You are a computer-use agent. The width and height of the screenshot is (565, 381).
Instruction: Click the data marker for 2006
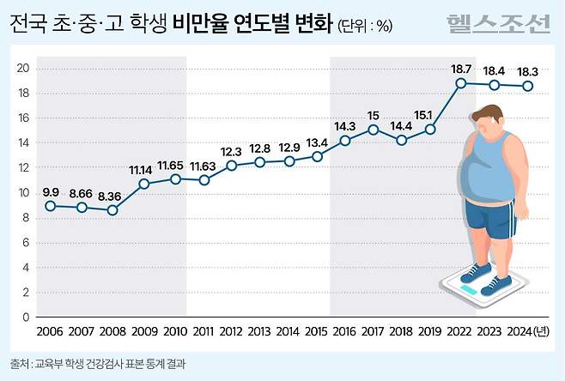51,206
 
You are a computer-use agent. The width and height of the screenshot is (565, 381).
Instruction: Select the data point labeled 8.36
113,210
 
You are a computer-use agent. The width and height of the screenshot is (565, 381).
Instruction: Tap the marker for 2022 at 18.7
461,83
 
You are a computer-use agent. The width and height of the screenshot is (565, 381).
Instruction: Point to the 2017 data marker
374,130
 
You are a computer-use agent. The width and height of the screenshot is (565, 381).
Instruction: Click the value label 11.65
175,164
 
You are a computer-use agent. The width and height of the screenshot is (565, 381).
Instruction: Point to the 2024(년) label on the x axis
526,331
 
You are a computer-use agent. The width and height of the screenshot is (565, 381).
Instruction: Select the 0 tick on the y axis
27,317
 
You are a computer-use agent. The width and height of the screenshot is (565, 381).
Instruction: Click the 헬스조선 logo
497,24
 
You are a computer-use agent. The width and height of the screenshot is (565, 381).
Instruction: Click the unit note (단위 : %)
364,26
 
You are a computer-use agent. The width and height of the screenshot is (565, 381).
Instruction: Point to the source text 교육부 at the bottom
51,364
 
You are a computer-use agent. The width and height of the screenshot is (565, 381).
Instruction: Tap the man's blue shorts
489,218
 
